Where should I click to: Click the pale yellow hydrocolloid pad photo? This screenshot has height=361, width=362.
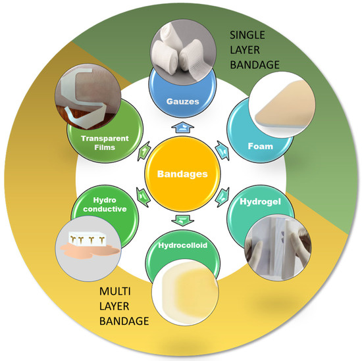click(184, 292)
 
